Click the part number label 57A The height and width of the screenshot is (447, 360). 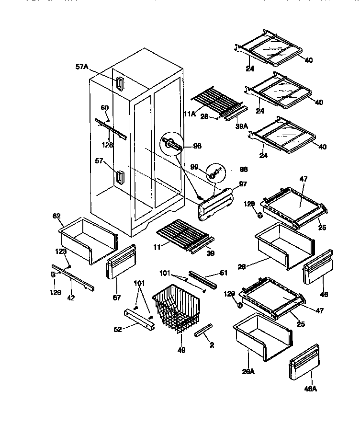point(82,67)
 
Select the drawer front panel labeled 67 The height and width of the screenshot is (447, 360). point(120,262)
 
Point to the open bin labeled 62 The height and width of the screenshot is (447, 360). point(88,239)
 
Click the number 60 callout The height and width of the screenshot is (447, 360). point(105,108)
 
